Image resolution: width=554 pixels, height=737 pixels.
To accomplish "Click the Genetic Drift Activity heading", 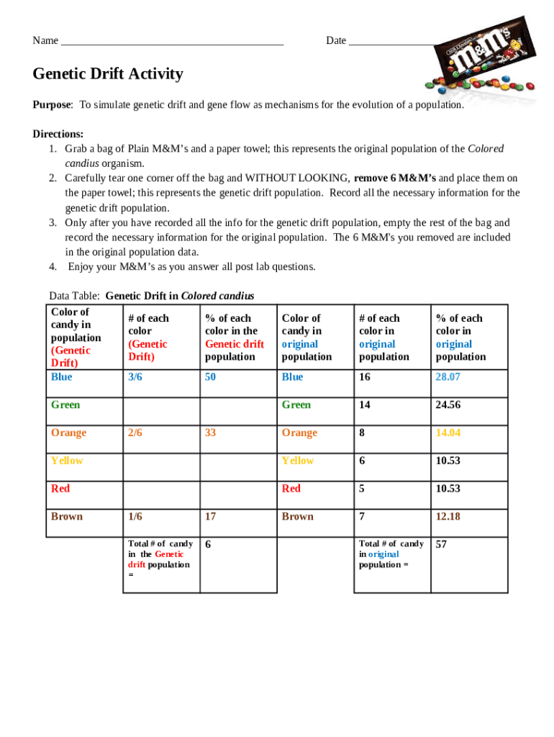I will [x=108, y=74].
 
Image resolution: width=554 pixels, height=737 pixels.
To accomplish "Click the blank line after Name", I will [x=173, y=41].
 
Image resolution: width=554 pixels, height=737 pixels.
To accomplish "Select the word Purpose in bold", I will [x=52, y=105].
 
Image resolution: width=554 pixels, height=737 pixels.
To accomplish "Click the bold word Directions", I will [x=58, y=134].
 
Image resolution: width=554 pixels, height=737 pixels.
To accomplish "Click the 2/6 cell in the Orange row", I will [x=135, y=433].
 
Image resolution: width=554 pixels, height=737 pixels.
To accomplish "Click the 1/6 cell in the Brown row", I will [x=135, y=517].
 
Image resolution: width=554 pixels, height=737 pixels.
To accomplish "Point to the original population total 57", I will [x=442, y=545].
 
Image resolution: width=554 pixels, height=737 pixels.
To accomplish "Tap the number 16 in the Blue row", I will [x=365, y=377].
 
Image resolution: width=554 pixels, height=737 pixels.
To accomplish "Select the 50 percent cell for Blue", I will [x=211, y=377].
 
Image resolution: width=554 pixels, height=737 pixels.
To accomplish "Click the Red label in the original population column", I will [x=291, y=489].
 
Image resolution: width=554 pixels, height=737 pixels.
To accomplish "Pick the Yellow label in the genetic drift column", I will [x=67, y=461].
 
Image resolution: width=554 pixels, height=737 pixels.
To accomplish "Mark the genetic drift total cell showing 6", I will [x=209, y=545].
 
